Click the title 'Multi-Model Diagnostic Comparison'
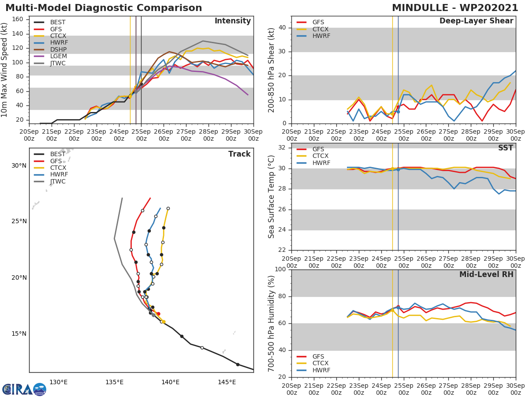coord(104,8)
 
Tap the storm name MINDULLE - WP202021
coord(455,8)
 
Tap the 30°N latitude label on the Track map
coord(19,166)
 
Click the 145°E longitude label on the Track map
coord(227,382)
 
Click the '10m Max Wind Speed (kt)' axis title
coord(5,70)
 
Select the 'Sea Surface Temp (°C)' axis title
coord(272,197)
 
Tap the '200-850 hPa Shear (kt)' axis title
coord(272,70)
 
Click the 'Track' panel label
coord(239,154)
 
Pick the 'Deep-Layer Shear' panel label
coord(476,21)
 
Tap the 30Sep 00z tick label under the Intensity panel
coord(253,135)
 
